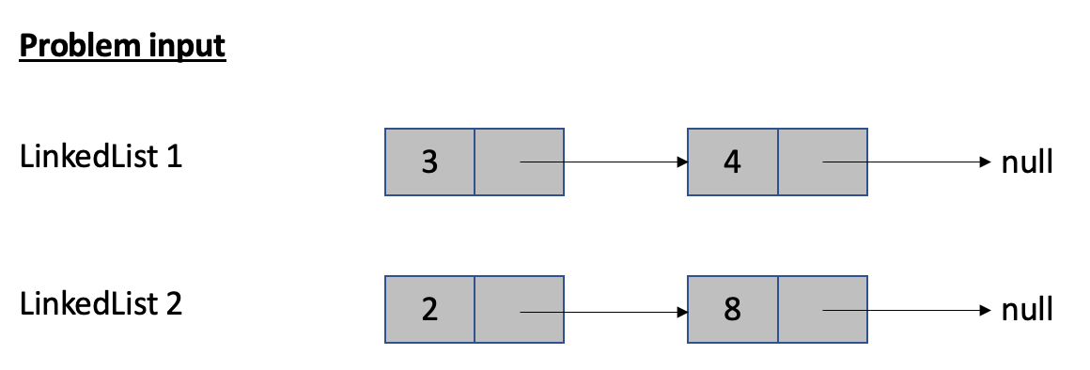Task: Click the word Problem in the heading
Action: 72,45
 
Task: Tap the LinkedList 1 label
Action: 101,157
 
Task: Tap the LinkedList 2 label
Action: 101,305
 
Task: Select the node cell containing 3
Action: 429,162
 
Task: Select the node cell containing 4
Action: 732,162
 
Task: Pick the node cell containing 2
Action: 429,310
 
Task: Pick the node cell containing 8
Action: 732,310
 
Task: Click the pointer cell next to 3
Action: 519,162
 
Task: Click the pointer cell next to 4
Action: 821,162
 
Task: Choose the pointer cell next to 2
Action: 519,310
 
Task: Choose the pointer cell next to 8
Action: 821,310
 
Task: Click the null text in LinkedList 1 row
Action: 1027,162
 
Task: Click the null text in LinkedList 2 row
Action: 1027,310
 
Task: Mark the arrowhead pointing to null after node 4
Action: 984,162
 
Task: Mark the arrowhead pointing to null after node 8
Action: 984,310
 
